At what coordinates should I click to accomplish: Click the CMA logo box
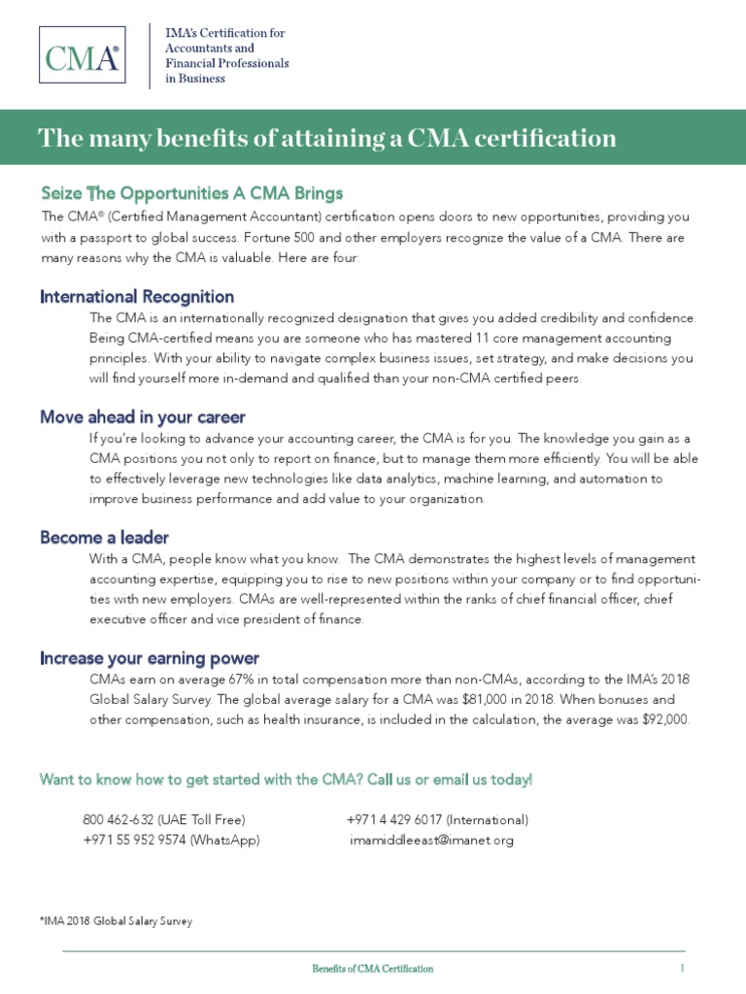83,56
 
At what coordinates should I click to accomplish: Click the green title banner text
326,139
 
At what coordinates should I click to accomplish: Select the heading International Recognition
137,296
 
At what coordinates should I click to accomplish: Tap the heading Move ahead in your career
143,416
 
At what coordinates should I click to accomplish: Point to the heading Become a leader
105,537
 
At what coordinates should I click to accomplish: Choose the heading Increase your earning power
150,658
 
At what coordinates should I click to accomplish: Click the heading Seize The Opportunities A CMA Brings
191,192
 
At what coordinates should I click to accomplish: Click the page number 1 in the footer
682,968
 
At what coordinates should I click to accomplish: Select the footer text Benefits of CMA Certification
372,969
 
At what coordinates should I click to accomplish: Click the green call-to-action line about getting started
286,779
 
